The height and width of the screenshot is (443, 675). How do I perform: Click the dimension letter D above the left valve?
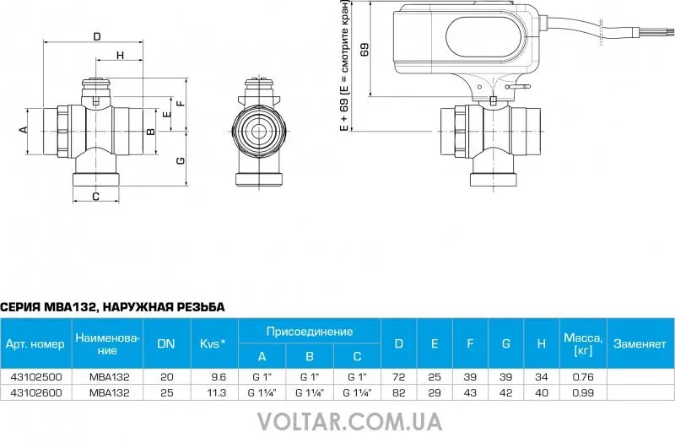tap(97, 36)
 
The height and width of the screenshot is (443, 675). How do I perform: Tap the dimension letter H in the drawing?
tap(120, 55)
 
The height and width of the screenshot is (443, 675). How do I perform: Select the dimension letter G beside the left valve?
tap(181, 160)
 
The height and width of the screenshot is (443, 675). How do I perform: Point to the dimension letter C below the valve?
tap(96, 197)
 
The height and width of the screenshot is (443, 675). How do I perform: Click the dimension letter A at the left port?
tap(24, 129)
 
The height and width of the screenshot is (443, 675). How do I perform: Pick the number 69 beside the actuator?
tap(364, 50)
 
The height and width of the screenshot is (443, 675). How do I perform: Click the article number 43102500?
tap(35, 376)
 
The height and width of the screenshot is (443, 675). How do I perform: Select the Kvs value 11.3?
tap(217, 392)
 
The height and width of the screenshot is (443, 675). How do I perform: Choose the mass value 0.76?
tap(583, 376)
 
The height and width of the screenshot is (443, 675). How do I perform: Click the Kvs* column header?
tap(213, 343)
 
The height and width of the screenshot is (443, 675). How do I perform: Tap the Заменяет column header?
tap(640, 343)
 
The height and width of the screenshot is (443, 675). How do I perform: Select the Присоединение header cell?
tap(310, 332)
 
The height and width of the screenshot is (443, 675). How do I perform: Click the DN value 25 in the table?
tap(166, 392)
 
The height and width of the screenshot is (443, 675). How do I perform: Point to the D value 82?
tap(398, 392)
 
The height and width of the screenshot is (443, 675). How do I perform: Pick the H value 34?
tap(542, 376)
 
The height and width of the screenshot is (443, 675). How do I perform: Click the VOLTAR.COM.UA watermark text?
tap(349, 421)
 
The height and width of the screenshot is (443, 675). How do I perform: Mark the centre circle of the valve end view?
tap(259, 132)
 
